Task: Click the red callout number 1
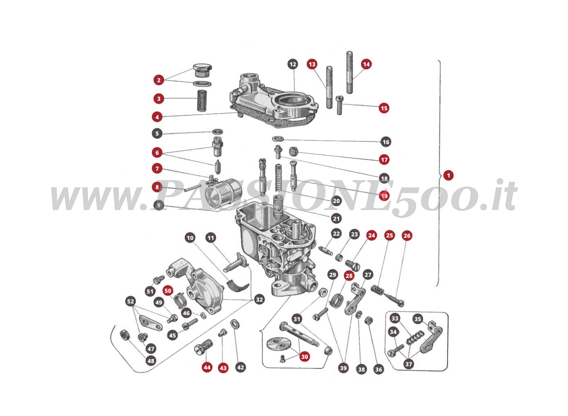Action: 448,175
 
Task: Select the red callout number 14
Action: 366,64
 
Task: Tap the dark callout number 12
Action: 293,64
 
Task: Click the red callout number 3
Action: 159,99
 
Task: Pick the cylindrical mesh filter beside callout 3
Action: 202,101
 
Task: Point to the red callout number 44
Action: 207,368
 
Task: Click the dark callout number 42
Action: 240,367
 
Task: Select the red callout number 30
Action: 305,357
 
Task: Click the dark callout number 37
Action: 409,364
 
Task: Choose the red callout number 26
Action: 407,236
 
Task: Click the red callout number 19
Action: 384,196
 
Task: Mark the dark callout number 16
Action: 386,142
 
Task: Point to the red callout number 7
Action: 157,169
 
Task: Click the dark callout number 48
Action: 151,361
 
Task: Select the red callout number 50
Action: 168,291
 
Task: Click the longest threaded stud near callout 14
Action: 350,72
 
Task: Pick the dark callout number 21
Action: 336,218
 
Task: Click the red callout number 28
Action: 349,275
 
